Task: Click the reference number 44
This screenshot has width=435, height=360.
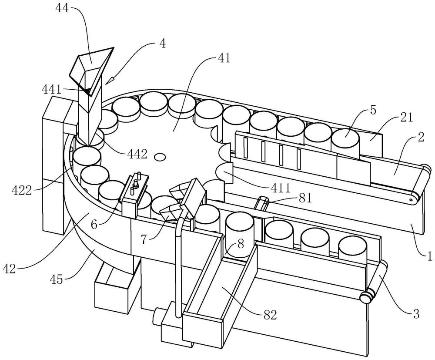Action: (63, 8)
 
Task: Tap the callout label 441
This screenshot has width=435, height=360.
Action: (52, 90)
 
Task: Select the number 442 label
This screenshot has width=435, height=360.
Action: (137, 154)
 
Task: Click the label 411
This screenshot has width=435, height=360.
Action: (281, 188)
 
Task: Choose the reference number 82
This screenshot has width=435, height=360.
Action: (269, 315)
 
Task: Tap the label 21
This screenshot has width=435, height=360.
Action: (406, 118)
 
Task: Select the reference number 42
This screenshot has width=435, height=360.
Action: (10, 269)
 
